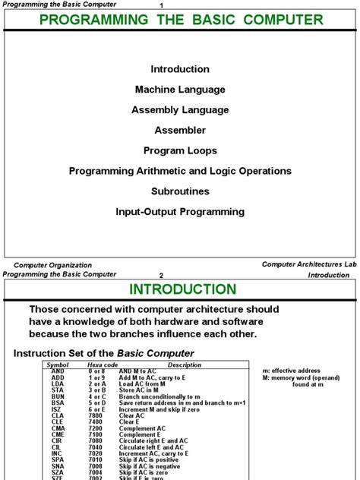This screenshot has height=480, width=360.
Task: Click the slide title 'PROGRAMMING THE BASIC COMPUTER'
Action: (180, 20)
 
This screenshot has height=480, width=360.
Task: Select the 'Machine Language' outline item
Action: (180, 90)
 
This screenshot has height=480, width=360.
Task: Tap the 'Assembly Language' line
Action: (180, 110)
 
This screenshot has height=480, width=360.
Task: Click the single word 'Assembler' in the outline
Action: (180, 131)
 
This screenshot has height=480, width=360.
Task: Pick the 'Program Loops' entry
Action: (180, 150)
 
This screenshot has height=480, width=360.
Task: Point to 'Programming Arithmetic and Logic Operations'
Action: (180, 171)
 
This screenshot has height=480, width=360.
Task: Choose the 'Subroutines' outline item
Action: (180, 191)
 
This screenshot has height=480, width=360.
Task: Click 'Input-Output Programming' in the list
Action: (180, 212)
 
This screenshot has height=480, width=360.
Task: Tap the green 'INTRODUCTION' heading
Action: (182, 289)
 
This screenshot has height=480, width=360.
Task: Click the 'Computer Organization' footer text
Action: (53, 265)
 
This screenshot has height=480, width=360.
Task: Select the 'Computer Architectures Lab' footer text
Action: (309, 264)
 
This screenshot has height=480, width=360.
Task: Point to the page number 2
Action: (161, 276)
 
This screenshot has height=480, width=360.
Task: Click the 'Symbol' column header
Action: (58, 365)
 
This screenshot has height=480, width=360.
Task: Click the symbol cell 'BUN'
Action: (58, 396)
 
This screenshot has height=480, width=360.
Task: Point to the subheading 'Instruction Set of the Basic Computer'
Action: (104, 353)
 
